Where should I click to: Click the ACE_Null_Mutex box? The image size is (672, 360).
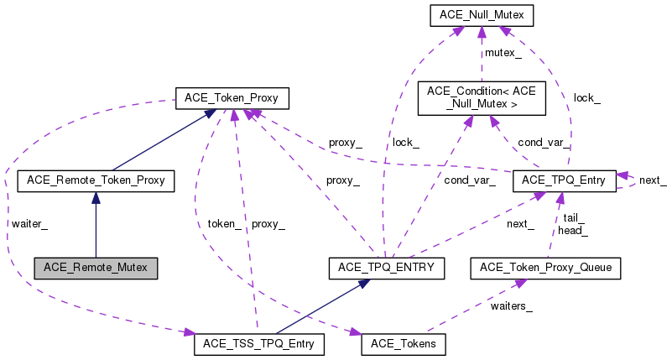tap(481, 15)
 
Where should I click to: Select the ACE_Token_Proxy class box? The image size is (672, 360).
tap(231, 99)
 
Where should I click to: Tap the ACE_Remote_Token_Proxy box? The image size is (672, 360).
tap(96, 180)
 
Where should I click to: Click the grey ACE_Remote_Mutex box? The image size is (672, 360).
tap(96, 268)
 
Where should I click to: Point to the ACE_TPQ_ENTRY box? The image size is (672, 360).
tap(385, 268)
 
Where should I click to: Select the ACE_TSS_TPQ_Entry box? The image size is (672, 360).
tap(258, 343)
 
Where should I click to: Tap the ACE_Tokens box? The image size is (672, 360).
tap(404, 343)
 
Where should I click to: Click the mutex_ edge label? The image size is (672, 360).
tap(504, 54)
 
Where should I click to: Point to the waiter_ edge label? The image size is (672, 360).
tap(29, 223)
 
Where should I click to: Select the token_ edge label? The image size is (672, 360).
tap(225, 223)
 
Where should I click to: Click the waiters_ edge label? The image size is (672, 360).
tap(511, 305)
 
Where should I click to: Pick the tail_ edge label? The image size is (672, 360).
tap(574, 217)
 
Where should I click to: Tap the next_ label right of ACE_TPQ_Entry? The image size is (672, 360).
tap(653, 180)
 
